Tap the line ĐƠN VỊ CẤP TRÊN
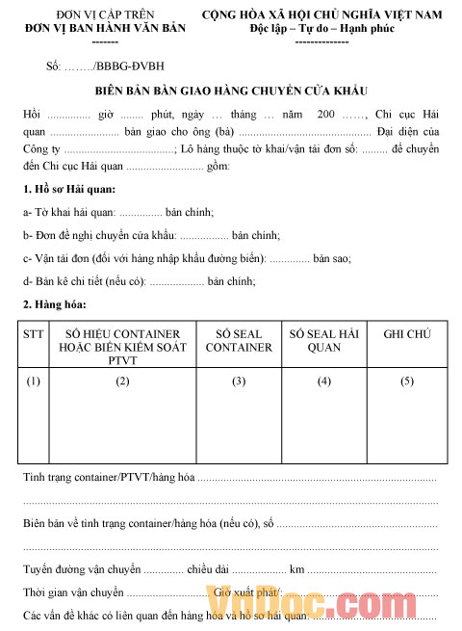91,16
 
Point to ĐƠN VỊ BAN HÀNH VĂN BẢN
91,31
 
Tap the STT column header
34,333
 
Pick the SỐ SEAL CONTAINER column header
240,340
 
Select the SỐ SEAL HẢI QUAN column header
323,340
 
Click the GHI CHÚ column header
406,333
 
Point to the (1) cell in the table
34,381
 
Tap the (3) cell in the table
240,381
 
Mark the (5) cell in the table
406,381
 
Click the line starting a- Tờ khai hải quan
117,212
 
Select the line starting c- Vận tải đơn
186,258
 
